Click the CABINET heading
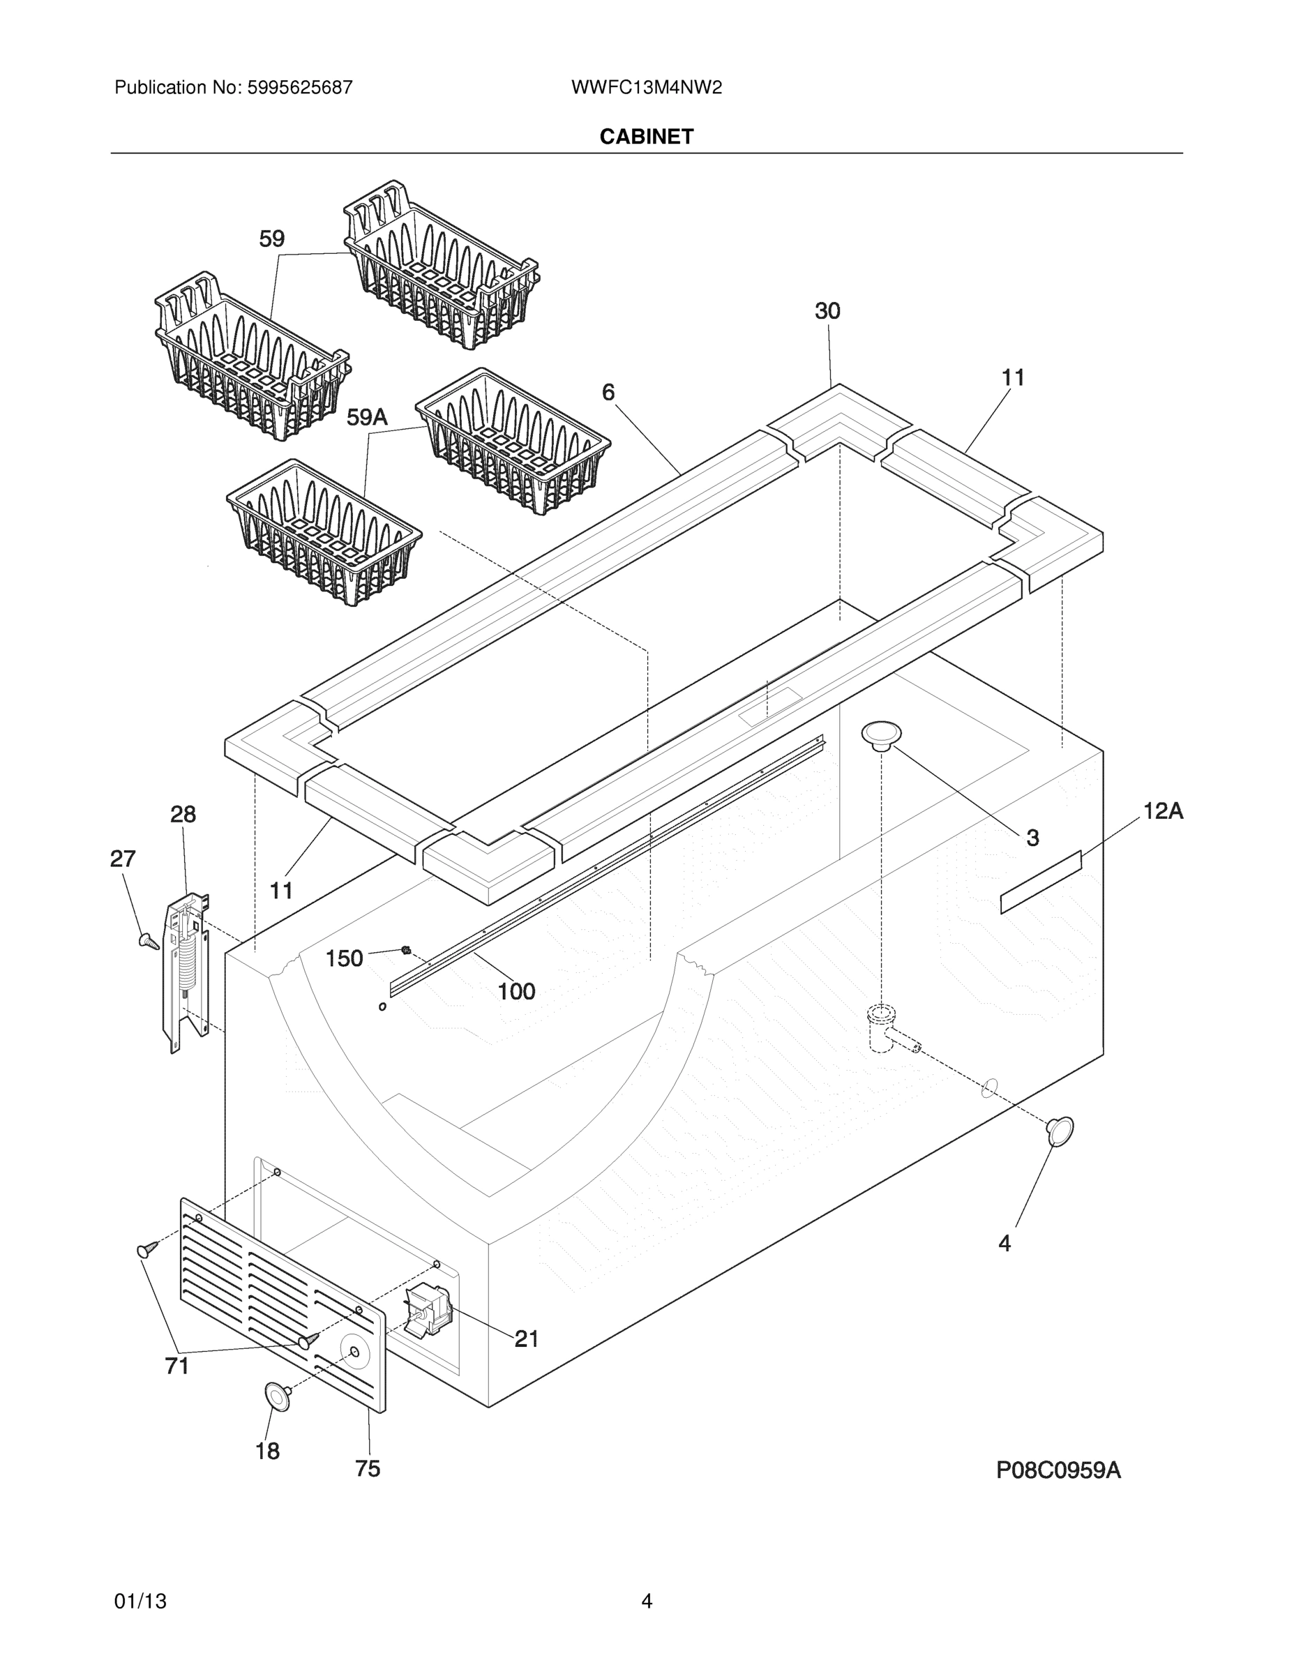pos(646,137)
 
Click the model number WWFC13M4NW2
pos(646,87)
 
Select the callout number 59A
pos(367,418)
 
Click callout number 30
pos(827,311)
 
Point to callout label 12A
pos(1163,811)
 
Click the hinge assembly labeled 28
pos(186,970)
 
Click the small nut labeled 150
pos(405,951)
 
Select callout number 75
pos(367,1468)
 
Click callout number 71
pos(177,1366)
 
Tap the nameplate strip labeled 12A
pos(1040,882)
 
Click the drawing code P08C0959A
pos(1058,1470)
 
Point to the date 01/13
pos(140,1601)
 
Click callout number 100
pos(516,992)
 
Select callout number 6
pos(608,393)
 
